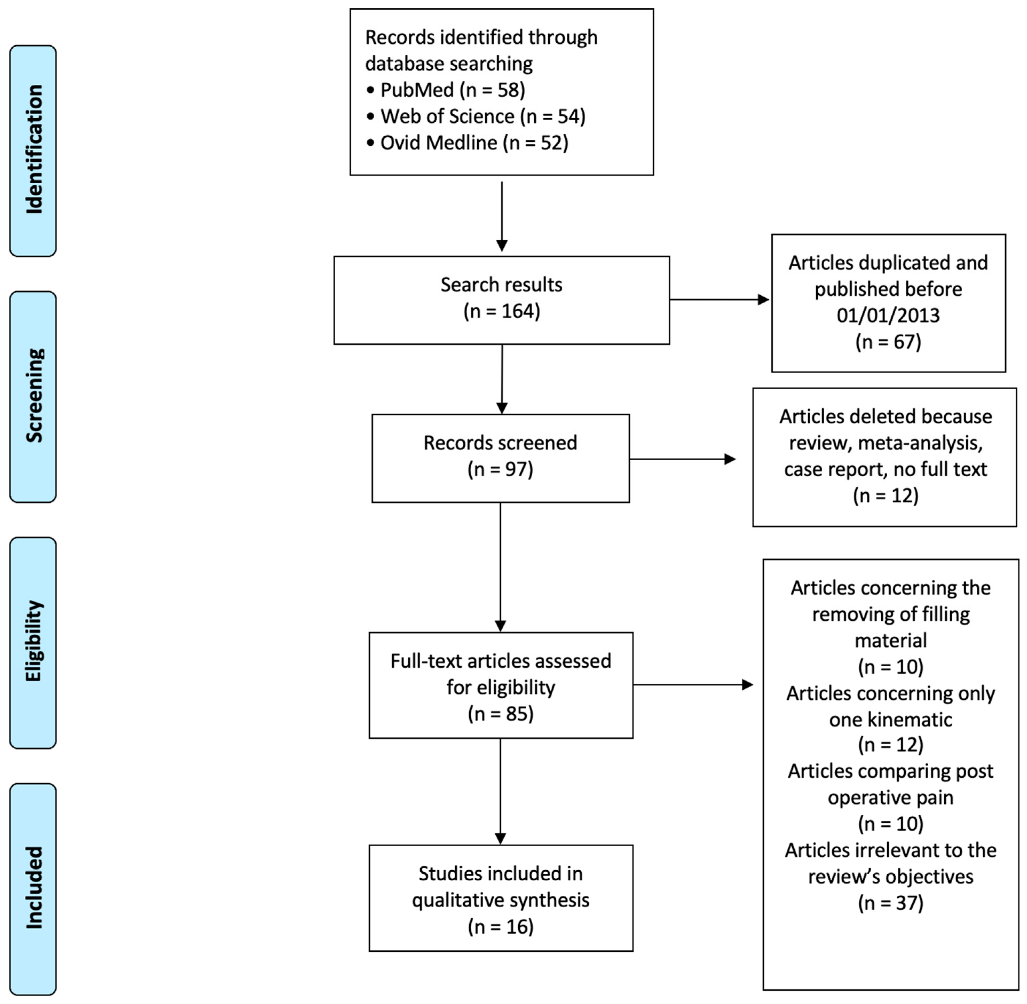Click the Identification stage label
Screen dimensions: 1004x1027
point(33,150)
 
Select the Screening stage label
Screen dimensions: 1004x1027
point(33,396)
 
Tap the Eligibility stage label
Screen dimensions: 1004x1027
point(33,642)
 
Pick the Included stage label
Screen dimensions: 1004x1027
point(33,888)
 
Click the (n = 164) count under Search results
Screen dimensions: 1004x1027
point(501,311)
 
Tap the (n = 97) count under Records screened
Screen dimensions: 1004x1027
point(500,469)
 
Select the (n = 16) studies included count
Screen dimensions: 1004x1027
point(500,927)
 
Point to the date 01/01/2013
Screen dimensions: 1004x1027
point(888,315)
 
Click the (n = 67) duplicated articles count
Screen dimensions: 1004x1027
point(888,342)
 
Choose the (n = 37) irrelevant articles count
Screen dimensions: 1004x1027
point(890,903)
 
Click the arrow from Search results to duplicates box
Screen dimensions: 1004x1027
point(719,300)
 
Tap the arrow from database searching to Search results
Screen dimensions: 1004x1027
point(501,216)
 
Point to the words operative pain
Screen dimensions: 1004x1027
point(890,797)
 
